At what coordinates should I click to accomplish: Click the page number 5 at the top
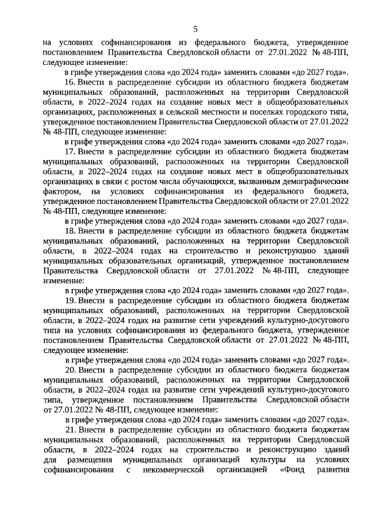coord(196,28)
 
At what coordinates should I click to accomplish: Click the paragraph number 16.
coord(69,82)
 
